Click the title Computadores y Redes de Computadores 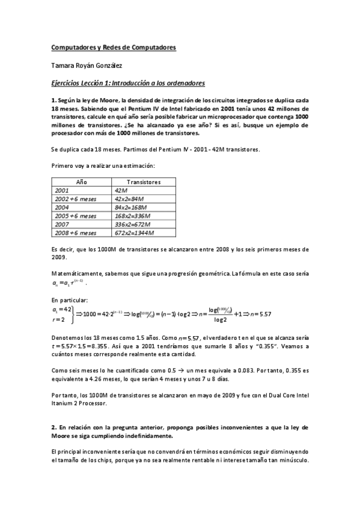(x=113, y=48)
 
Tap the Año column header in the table (x=82, y=181)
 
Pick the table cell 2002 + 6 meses (x=75, y=198)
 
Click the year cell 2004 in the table (x=63, y=206)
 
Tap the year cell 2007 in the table (x=63, y=223)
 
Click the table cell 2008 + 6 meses (x=75, y=232)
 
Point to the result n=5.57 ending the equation (x=260, y=313)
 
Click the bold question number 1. (x=53, y=100)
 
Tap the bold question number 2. (x=53, y=427)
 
